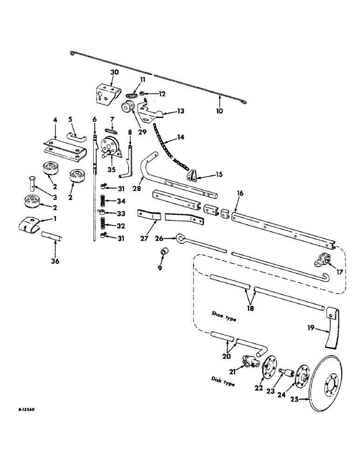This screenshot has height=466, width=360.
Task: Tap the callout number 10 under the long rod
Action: [x=219, y=111]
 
